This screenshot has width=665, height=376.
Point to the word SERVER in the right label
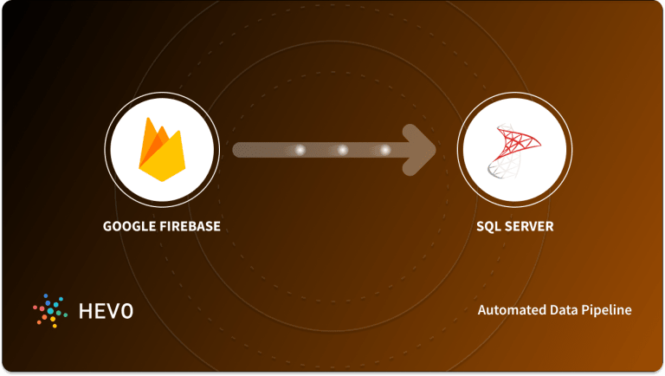(x=529, y=228)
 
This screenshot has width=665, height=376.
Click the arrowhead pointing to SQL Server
(x=421, y=150)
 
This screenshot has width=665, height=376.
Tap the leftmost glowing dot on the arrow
(x=300, y=150)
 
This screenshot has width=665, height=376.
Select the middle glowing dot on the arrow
(x=342, y=150)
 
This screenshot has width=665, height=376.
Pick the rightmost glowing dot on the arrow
(x=384, y=150)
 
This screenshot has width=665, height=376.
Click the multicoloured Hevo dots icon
(x=48, y=309)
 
